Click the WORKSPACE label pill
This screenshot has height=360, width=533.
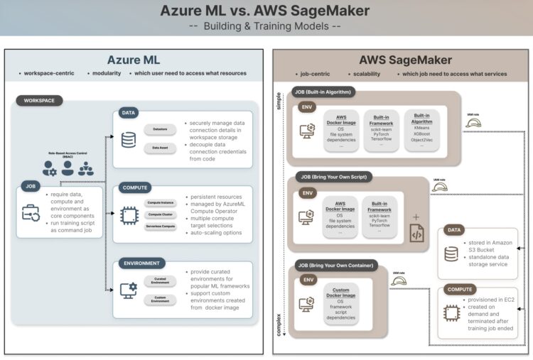coord(40,101)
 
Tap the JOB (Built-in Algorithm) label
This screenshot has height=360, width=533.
coord(323,92)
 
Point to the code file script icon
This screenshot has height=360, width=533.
coord(416,231)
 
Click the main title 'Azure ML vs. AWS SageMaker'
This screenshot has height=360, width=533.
coord(266,11)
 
